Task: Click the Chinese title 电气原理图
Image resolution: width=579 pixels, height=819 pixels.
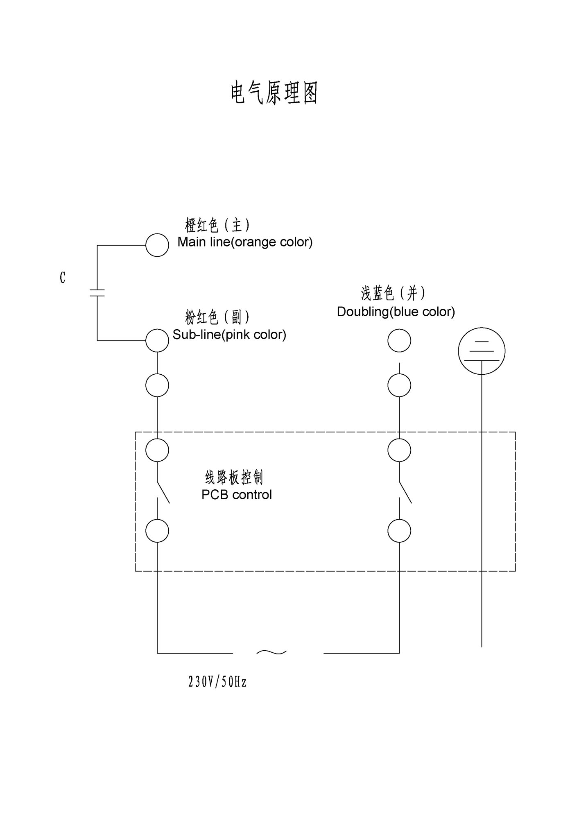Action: tap(274, 93)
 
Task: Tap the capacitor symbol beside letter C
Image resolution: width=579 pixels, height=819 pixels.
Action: tap(97, 293)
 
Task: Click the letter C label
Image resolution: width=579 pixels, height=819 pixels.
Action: tap(62, 278)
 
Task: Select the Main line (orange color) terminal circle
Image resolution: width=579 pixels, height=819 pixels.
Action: tap(157, 245)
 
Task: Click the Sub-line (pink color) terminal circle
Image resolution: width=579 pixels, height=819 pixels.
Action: tap(157, 340)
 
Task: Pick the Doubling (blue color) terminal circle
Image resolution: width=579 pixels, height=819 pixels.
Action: tap(399, 340)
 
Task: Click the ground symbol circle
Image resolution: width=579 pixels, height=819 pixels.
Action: tap(481, 351)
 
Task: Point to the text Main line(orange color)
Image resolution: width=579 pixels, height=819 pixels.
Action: tap(245, 242)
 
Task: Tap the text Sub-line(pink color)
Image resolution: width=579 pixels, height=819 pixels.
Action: tap(229, 335)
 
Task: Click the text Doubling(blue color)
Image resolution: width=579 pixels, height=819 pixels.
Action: tap(396, 312)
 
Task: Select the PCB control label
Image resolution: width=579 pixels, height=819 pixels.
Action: tap(237, 495)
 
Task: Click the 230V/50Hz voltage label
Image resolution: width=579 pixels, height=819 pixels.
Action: tap(217, 682)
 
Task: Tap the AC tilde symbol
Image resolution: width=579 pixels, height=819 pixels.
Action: tap(271, 652)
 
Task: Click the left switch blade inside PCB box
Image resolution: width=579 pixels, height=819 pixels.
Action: tap(163, 492)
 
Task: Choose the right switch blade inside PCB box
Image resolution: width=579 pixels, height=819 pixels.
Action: tap(405, 492)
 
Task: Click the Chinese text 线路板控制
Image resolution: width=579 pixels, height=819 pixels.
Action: tap(234, 477)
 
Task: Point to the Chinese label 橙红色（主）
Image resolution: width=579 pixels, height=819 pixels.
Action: tap(217, 225)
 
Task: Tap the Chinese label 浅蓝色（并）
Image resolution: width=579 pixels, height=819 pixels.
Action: tap(393, 293)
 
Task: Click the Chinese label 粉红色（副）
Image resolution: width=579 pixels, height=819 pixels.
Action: tap(217, 317)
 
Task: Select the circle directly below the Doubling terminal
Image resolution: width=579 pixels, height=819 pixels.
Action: tap(399, 385)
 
